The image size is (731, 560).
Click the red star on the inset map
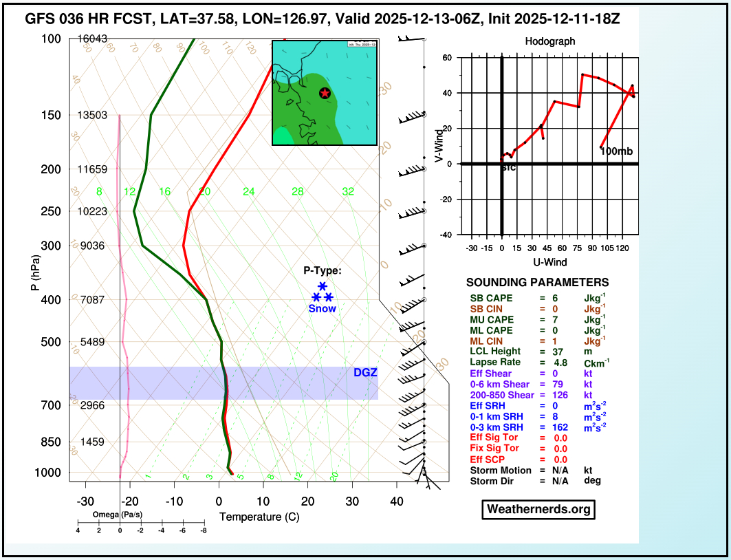tap(325, 93)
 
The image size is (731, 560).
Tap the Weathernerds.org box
tap(537, 509)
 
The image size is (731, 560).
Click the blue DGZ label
tap(365, 373)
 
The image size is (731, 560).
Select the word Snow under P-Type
tap(322, 309)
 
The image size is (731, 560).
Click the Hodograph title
tap(549, 41)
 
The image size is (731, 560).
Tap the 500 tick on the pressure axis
tap(52, 342)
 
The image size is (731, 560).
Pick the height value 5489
tap(93, 342)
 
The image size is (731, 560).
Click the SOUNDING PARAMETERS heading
tap(537, 283)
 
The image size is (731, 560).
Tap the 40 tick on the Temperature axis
tap(396, 502)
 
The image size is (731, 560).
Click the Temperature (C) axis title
tap(259, 517)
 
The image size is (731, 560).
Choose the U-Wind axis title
tap(549, 262)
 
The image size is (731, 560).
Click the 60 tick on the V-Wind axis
tap(446, 58)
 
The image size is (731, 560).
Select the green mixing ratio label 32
tap(348, 191)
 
